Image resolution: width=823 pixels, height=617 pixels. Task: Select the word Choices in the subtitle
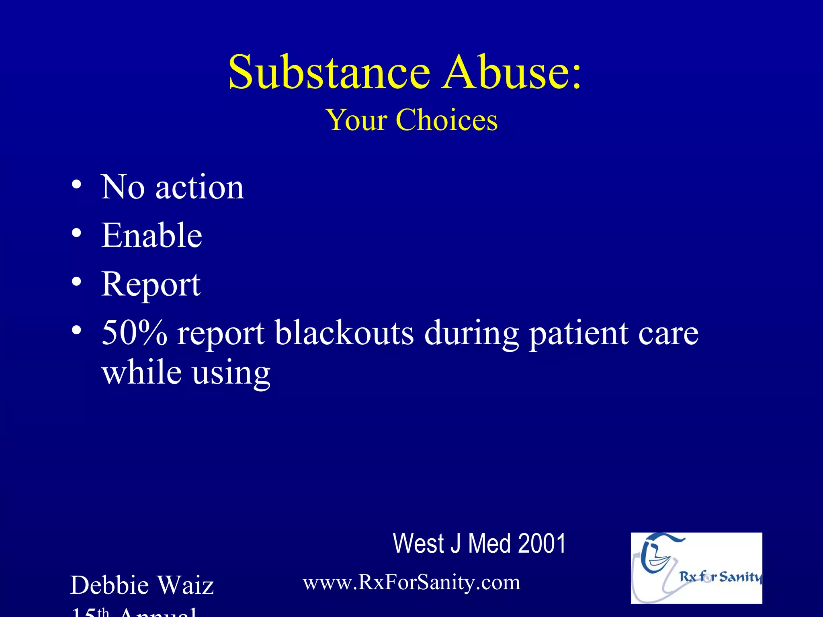click(446, 120)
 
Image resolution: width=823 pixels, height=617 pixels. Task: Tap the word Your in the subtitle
click(356, 120)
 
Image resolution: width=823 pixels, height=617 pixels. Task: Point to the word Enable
click(151, 236)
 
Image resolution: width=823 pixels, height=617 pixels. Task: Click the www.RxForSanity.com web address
click(411, 582)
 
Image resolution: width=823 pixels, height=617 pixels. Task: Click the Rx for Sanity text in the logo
click(720, 577)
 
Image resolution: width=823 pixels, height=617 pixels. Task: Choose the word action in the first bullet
click(199, 187)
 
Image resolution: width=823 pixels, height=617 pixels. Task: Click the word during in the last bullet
click(471, 333)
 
